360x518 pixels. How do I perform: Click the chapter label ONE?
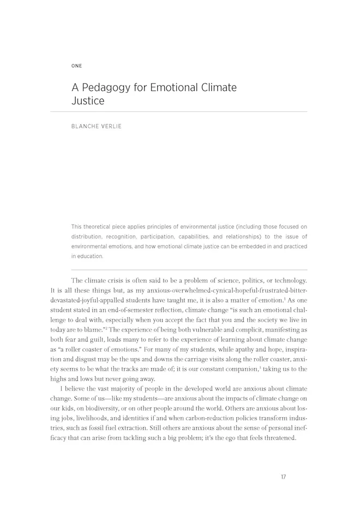click(x=76, y=66)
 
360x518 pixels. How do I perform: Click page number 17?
click(x=283, y=477)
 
